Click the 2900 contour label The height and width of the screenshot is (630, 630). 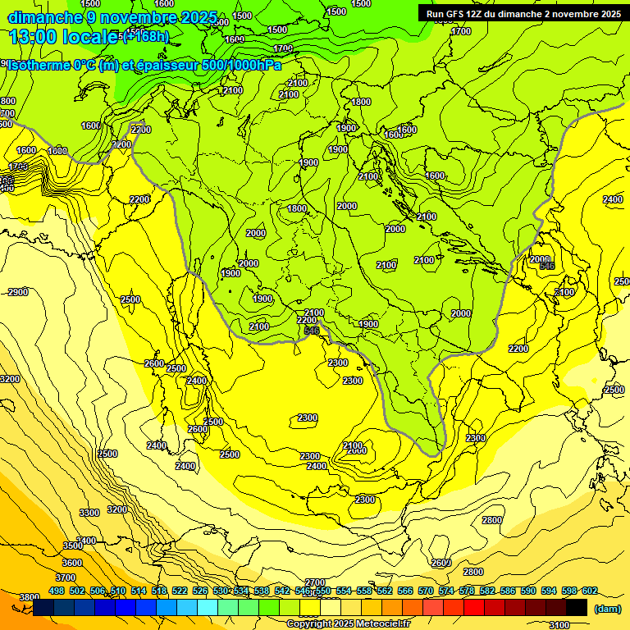pos(18,292)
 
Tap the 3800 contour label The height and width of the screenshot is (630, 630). pos(30,597)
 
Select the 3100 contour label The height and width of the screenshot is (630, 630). pos(559,625)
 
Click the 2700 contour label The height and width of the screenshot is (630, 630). pos(316,582)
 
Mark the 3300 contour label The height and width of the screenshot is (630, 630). pos(89,513)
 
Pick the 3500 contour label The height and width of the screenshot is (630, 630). pos(73,546)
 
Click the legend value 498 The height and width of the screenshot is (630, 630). pos(57,591)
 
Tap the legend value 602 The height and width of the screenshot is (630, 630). pos(590,591)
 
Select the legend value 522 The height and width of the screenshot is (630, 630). pos(180,591)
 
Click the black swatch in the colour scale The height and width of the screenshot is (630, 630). pos(577,608)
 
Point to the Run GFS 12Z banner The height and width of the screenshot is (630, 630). pos(523,13)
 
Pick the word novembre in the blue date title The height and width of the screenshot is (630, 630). pos(136,17)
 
